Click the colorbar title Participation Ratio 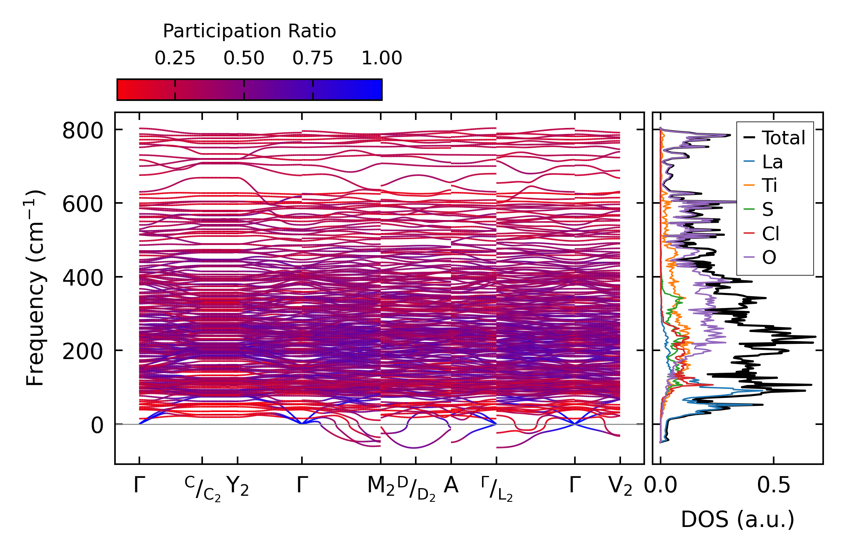point(249,31)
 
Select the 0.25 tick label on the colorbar point(175,59)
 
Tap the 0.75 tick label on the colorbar point(313,59)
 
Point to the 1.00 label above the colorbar point(381,59)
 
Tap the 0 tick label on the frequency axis point(97,426)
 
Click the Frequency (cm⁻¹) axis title point(35,288)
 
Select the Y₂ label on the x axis point(238,486)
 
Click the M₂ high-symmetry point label point(380,486)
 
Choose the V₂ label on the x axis point(620,486)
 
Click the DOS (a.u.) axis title point(737,519)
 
